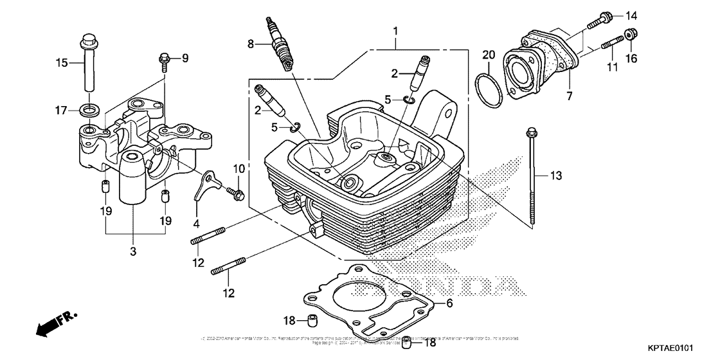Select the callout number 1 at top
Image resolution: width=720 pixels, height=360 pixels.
(x=396, y=31)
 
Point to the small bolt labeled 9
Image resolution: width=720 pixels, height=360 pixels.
(x=163, y=62)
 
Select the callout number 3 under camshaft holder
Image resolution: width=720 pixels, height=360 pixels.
(x=132, y=251)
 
